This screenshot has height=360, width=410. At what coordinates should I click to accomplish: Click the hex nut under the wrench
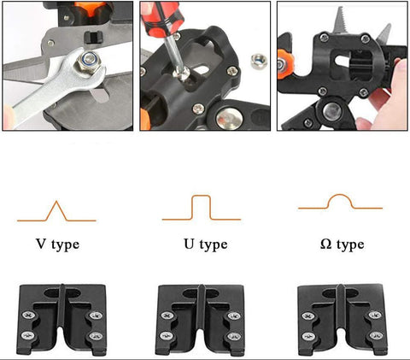pyautogui.click(x=89, y=62)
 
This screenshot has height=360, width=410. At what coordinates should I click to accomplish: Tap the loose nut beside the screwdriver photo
pyautogui.click(x=259, y=61)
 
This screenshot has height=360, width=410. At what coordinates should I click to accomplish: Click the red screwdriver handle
pyautogui.click(x=161, y=18)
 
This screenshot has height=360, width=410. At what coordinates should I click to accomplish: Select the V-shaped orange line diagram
pyautogui.click(x=56, y=211)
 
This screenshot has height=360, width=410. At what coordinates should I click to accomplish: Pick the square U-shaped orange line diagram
pyautogui.click(x=202, y=208)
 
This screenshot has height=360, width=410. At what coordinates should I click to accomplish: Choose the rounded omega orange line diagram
pyautogui.click(x=340, y=202)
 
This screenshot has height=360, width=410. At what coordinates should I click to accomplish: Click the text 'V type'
pyautogui.click(x=57, y=245)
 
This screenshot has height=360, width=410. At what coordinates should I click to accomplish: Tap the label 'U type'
pyautogui.click(x=206, y=245)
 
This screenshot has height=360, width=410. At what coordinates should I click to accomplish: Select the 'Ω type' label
pyautogui.click(x=342, y=245)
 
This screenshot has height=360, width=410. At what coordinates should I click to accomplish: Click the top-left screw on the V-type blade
pyautogui.click(x=28, y=315)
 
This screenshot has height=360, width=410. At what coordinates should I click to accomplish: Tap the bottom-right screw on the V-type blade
pyautogui.click(x=96, y=336)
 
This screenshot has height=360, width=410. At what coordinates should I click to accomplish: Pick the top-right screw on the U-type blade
pyautogui.click(x=234, y=316)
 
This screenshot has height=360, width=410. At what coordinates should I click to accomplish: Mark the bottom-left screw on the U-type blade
pyautogui.click(x=167, y=336)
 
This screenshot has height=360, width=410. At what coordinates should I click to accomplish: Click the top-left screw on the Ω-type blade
pyautogui.click(x=307, y=316)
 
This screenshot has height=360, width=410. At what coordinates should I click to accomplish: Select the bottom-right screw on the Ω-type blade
pyautogui.click(x=376, y=335)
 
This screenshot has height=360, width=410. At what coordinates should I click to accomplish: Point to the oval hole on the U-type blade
pyautogui.click(x=201, y=293)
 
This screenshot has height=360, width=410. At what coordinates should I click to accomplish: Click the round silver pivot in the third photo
pyautogui.click(x=332, y=111)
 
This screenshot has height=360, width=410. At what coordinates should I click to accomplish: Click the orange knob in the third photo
pyautogui.click(x=284, y=64)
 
